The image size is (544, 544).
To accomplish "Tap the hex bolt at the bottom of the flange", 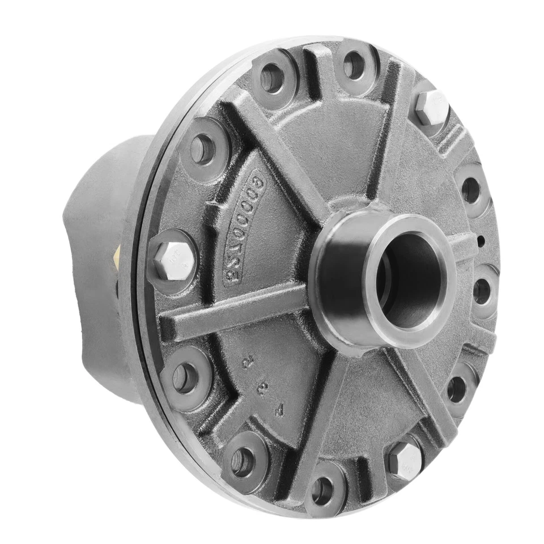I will pyautogui.click(x=405, y=459).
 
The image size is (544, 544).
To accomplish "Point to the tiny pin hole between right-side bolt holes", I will pyautogui.click(x=482, y=241).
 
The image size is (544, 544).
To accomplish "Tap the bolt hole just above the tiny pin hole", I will pyautogui.click(x=471, y=189).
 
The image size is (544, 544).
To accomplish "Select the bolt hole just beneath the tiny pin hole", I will pyautogui.click(x=482, y=291).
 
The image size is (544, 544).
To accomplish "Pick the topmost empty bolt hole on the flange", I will pyautogui.click(x=354, y=65).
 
